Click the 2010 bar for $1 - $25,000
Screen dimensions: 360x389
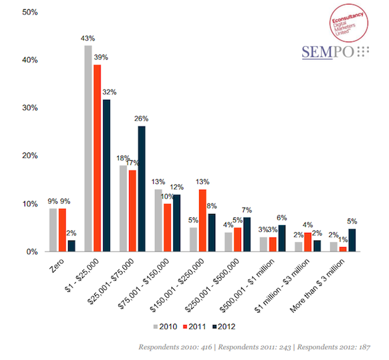click(88, 149)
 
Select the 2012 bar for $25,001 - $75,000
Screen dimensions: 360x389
click(141, 189)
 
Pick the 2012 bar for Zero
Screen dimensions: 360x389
click(71, 246)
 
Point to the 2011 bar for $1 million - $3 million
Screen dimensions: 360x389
click(308, 242)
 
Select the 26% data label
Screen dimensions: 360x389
click(141, 119)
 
